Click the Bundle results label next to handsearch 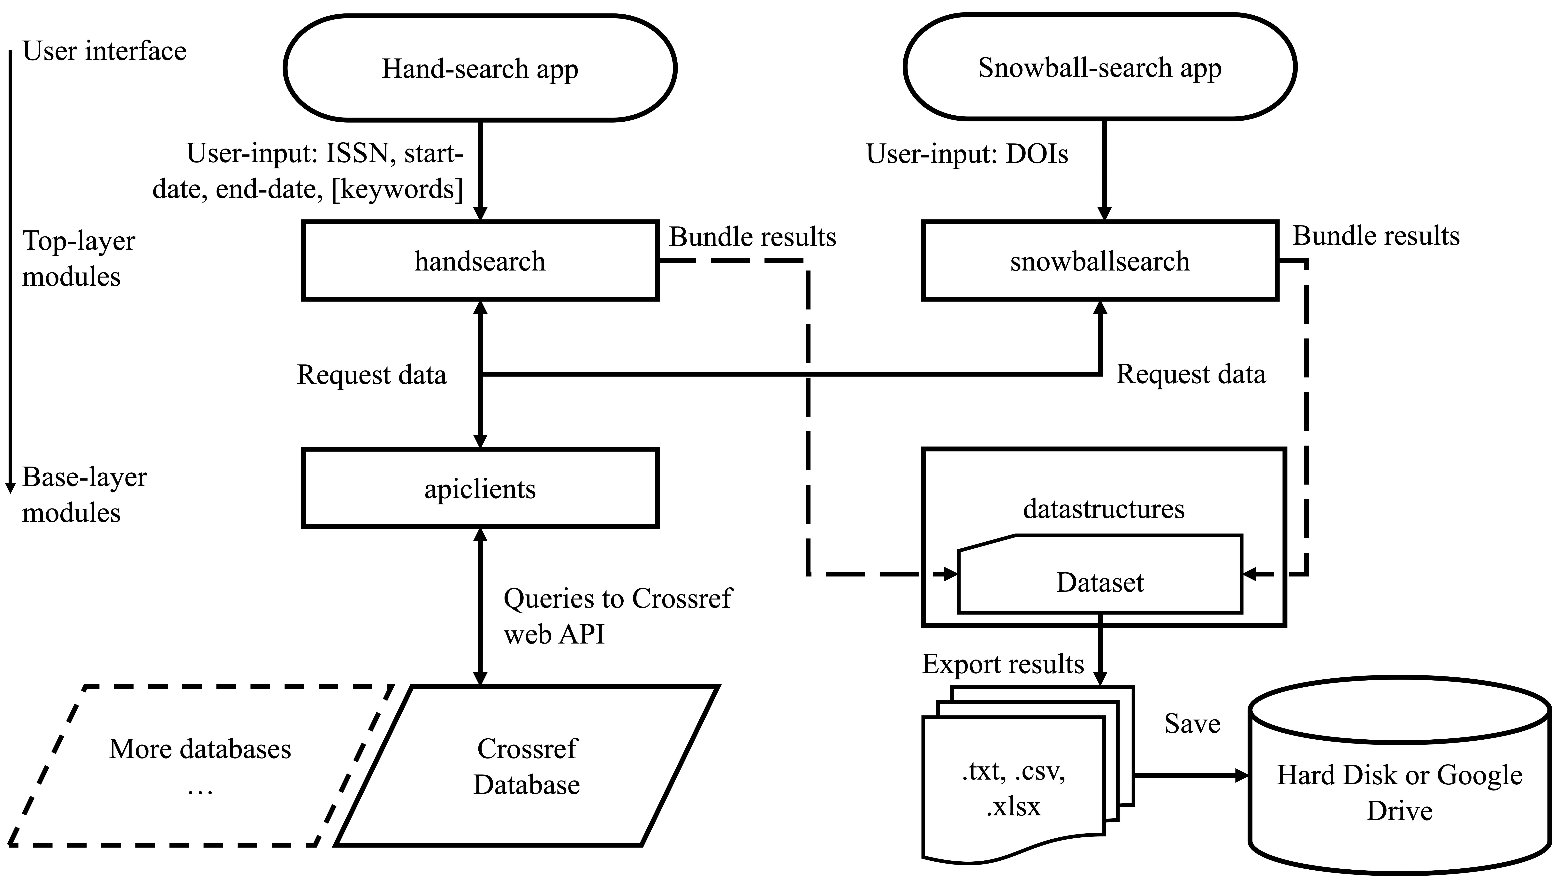coord(752,237)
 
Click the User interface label coord(104,51)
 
